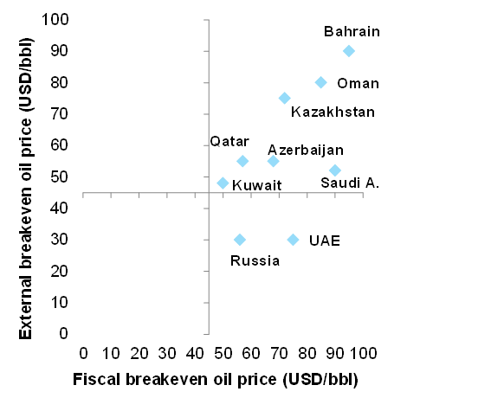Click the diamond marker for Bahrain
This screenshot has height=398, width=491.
[x=349, y=51]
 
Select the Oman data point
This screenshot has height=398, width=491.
[x=321, y=82]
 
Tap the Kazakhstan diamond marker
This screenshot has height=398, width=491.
[x=285, y=98]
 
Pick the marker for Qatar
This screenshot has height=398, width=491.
[x=242, y=161]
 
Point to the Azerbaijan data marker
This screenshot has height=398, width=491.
[x=274, y=161]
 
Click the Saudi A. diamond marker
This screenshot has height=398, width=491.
[x=335, y=170]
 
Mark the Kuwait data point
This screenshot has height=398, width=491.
[x=223, y=183]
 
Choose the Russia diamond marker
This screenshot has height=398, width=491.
[x=240, y=240]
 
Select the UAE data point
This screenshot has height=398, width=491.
[x=294, y=240]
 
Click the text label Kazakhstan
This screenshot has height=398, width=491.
[x=333, y=112]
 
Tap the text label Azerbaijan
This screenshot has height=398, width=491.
[x=306, y=150]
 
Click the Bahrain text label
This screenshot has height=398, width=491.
[x=352, y=32]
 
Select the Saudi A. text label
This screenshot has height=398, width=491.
[x=350, y=183]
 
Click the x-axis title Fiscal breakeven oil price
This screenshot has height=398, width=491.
[x=216, y=379]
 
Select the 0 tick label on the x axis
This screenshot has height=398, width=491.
[x=83, y=353]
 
